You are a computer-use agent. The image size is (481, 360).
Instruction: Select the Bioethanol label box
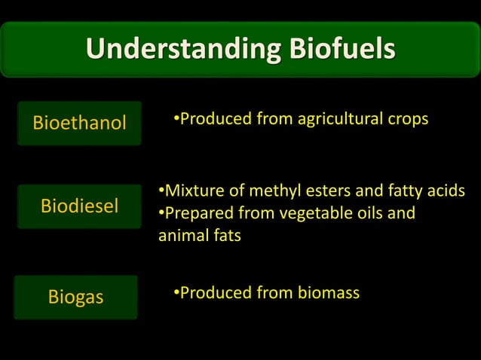(79, 123)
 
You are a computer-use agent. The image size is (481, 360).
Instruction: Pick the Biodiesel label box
(79, 206)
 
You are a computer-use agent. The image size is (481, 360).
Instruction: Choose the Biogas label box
(76, 297)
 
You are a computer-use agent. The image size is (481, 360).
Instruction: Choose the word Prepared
(198, 213)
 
